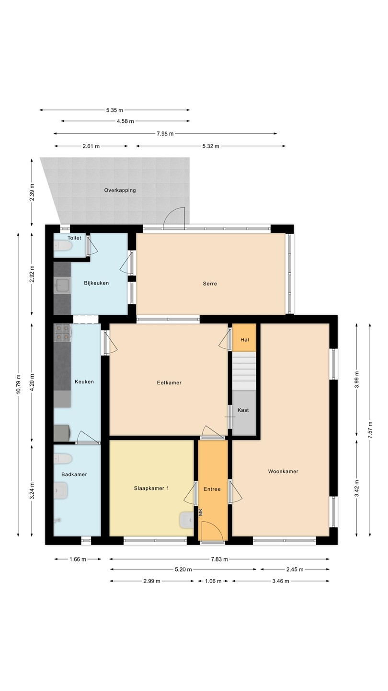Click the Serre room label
pyautogui.click(x=210, y=284)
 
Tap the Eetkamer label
pyautogui.click(x=169, y=382)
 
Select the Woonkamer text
pyautogui.click(x=283, y=471)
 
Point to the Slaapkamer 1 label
pyautogui.click(x=151, y=488)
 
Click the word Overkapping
pyautogui.click(x=120, y=191)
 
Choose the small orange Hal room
pyautogui.click(x=244, y=337)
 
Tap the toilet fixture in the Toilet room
pyautogui.click(x=63, y=246)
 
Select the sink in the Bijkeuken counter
pyautogui.click(x=62, y=286)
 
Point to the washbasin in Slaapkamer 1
pyautogui.click(x=187, y=520)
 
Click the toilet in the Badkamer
pyautogui.click(x=63, y=459)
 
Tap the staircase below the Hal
pyautogui.click(x=244, y=370)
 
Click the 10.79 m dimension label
pyautogui.click(x=19, y=384)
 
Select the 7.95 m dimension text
pyautogui.click(x=165, y=133)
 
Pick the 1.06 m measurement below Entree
pyautogui.click(x=213, y=581)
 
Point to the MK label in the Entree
pyautogui.click(x=201, y=512)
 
